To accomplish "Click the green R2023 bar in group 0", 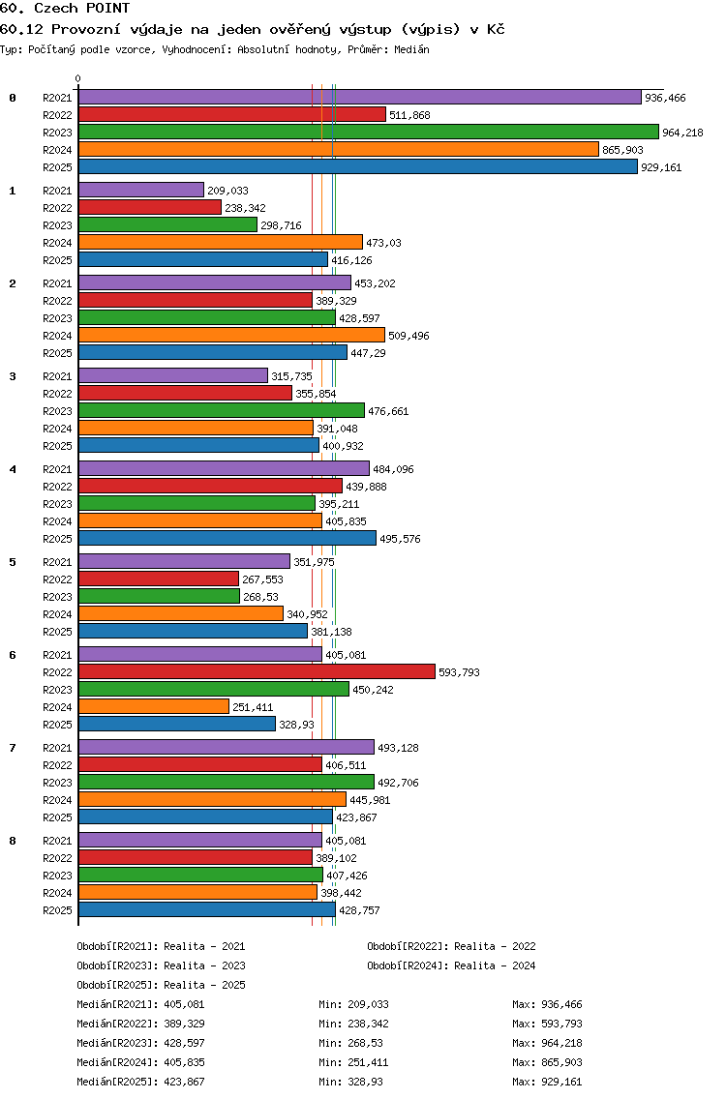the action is tap(369, 132).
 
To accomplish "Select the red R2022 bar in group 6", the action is tap(257, 671).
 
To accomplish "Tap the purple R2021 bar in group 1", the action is tap(141, 190).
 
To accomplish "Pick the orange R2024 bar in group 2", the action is tap(231, 335).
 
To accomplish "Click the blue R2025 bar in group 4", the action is tap(227, 538).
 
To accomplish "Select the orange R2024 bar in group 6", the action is tap(154, 706).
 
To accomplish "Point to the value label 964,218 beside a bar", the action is tap(682, 133).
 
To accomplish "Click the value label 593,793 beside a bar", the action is tap(460, 672).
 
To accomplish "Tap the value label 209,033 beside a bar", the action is tap(228, 191).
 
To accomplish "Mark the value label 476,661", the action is tap(388, 411).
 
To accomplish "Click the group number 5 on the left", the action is tap(12, 562).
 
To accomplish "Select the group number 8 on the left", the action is tap(12, 841).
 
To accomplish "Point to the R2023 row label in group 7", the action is tap(57, 783).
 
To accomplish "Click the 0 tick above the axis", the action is tap(77, 78).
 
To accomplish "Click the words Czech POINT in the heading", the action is tap(82, 9).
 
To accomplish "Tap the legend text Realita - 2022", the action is tap(495, 946).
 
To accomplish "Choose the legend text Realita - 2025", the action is tap(204, 985).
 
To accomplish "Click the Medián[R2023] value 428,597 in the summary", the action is tap(185, 1043).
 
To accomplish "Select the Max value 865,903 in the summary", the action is tap(561, 1062).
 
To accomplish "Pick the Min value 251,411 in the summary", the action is tap(368, 1062).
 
